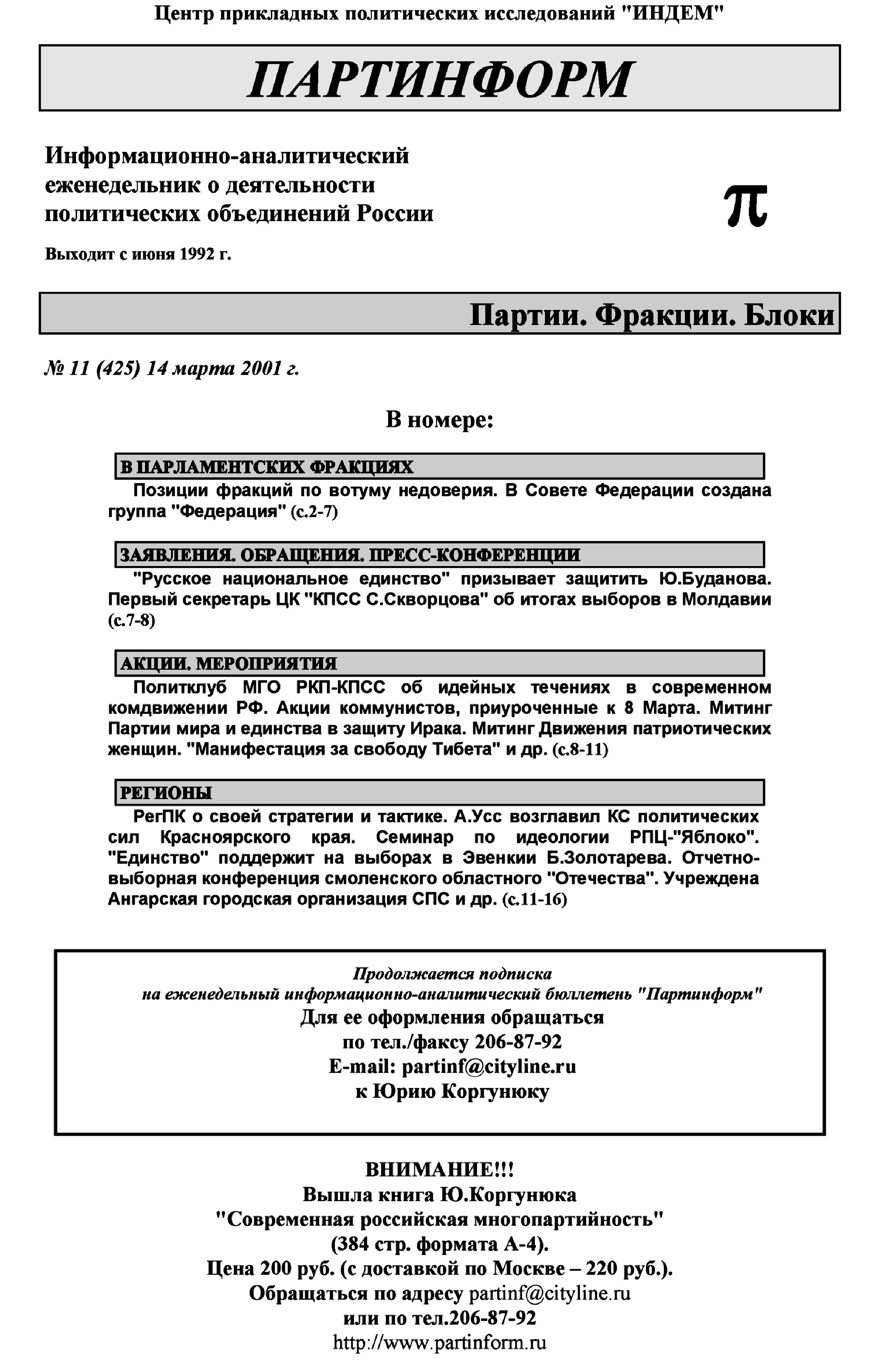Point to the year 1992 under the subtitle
[x=199, y=254]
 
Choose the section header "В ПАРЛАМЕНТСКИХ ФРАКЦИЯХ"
[x=267, y=467]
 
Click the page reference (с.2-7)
[x=314, y=511]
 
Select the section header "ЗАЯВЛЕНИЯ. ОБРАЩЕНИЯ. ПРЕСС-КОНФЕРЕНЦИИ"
[x=350, y=554]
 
